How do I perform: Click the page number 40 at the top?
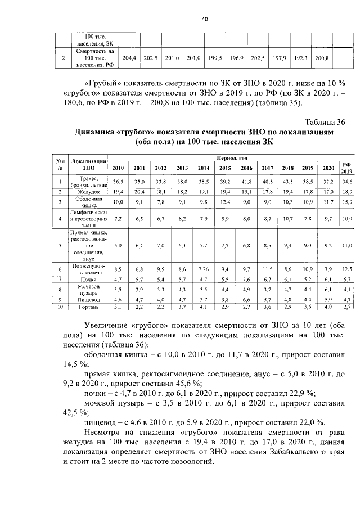click(205, 19)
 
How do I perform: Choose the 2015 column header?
click(224, 168)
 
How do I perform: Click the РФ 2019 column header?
click(346, 167)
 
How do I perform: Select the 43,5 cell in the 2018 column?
click(287, 181)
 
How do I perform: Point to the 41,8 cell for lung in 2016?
click(246, 181)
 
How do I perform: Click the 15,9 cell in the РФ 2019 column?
click(346, 201)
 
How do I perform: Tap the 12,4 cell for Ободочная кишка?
click(224, 201)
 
